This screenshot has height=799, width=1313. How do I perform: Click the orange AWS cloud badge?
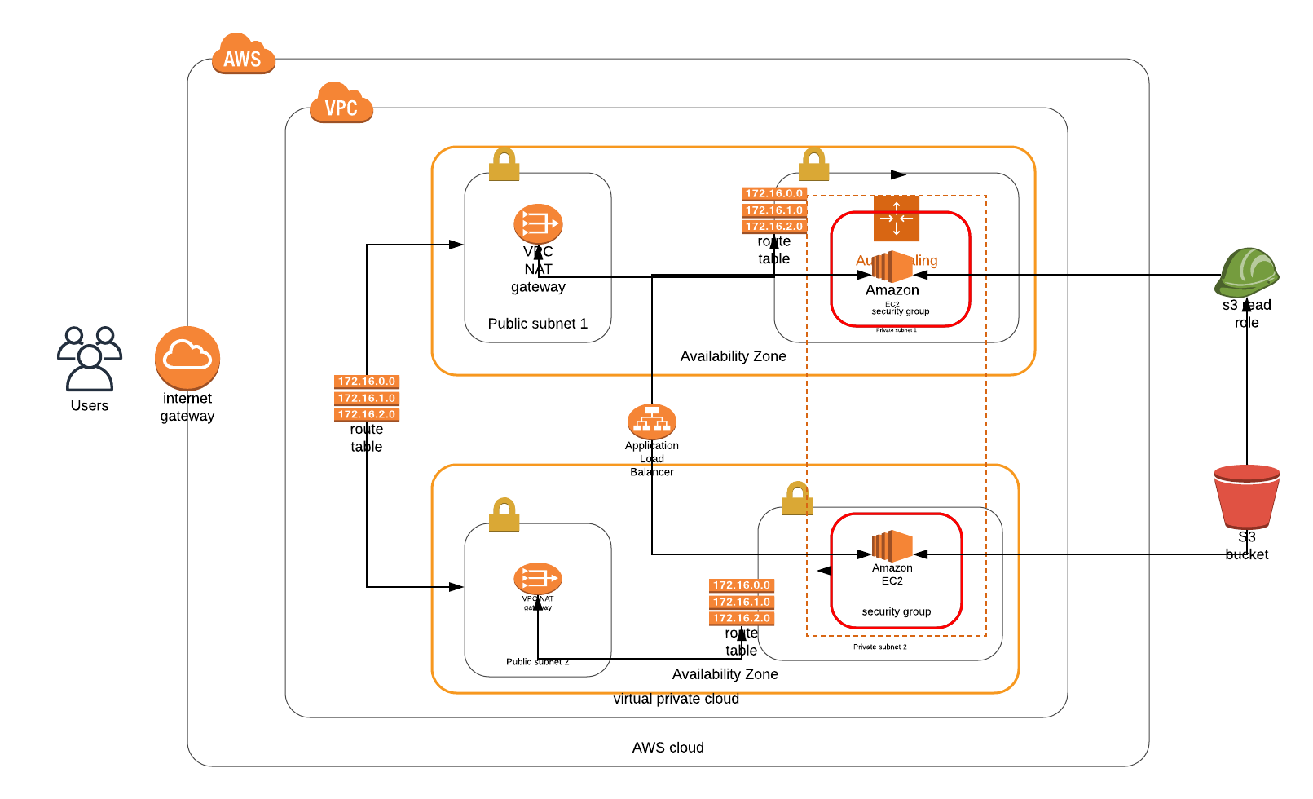pyautogui.click(x=243, y=55)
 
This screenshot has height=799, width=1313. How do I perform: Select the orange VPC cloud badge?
pyautogui.click(x=341, y=104)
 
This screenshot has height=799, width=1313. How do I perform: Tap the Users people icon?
pyautogui.click(x=90, y=359)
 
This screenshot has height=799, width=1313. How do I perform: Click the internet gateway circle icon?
pyautogui.click(x=187, y=358)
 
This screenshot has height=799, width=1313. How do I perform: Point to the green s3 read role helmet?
pyautogui.click(x=1246, y=272)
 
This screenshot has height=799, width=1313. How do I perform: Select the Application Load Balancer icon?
pyautogui.click(x=652, y=422)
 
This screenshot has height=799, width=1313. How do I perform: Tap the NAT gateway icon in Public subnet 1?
pyautogui.click(x=538, y=223)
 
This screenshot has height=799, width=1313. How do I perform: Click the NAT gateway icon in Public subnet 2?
pyautogui.click(x=538, y=578)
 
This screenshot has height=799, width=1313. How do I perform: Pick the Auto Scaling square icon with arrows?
pyautogui.click(x=897, y=218)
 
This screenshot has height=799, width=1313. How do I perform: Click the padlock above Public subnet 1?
pyautogui.click(x=504, y=165)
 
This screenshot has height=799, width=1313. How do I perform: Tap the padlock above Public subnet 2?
pyautogui.click(x=504, y=515)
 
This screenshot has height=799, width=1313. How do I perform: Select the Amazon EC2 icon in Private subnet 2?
pyautogui.click(x=892, y=546)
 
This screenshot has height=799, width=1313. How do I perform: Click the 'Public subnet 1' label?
pyautogui.click(x=538, y=324)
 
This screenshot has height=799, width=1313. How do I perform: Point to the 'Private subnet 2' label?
pyautogui.click(x=880, y=647)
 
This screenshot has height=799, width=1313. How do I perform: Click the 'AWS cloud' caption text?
pyautogui.click(x=668, y=748)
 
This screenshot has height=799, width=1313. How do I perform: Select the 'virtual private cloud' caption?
pyautogui.click(x=676, y=699)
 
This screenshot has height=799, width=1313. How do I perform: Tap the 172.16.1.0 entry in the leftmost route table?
pyautogui.click(x=367, y=398)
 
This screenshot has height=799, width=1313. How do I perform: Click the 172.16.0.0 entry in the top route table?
pyautogui.click(x=774, y=194)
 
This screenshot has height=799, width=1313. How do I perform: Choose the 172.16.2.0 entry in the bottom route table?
pyautogui.click(x=742, y=618)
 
